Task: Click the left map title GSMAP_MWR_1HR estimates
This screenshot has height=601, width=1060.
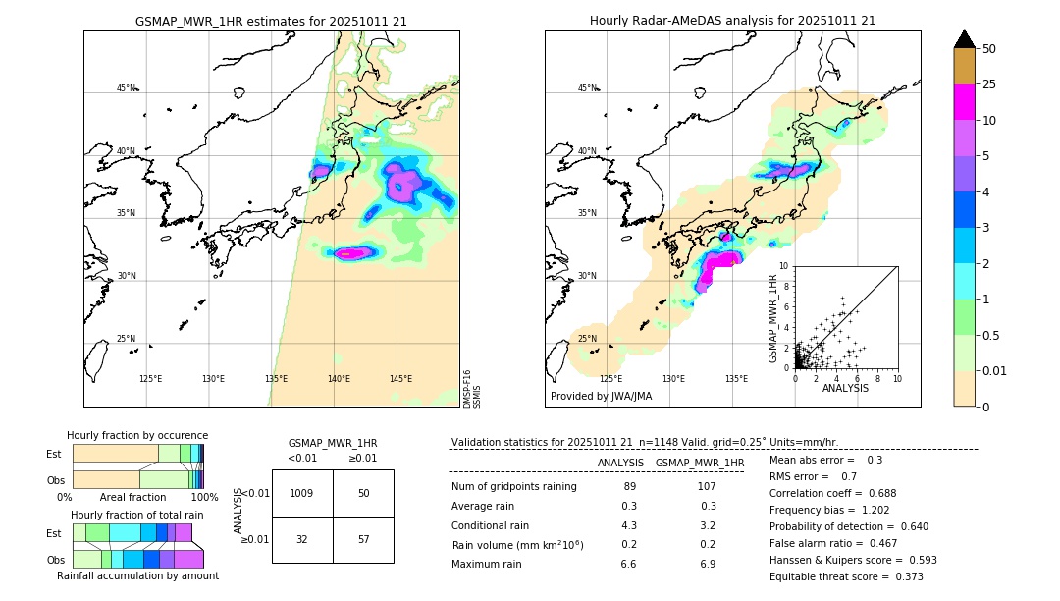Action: point(271,21)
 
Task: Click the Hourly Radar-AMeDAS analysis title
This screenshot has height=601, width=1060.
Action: point(732,21)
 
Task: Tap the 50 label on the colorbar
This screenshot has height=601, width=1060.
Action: point(989,49)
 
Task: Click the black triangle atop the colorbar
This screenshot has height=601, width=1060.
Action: point(965,39)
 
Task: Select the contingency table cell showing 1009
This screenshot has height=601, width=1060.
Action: point(301,493)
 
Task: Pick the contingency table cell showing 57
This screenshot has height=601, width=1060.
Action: point(363,540)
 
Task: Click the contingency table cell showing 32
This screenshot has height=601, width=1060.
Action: point(301,540)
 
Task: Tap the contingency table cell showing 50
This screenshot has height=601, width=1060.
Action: point(363,493)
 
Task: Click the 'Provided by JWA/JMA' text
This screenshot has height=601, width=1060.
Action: point(601,397)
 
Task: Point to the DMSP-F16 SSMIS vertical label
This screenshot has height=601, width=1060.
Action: point(472,389)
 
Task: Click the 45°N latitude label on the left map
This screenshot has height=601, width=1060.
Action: point(126,88)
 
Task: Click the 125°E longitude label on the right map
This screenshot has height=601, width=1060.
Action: point(610,379)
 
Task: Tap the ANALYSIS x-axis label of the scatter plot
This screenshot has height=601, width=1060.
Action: point(845,388)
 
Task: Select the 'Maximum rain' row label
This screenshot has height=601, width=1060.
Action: point(488,564)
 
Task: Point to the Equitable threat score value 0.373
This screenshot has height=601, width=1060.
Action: point(904,576)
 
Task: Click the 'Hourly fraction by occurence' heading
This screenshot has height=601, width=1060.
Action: point(137,435)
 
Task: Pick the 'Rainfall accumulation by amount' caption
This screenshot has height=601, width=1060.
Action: point(137,575)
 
